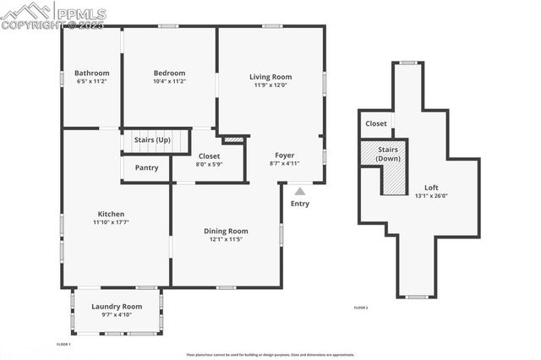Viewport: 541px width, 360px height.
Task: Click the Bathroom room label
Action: click(x=91, y=73)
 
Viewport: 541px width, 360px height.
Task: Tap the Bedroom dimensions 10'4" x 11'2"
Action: click(x=169, y=82)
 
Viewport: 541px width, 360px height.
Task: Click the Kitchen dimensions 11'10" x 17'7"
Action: click(x=111, y=222)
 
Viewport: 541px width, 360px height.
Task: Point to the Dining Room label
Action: click(x=226, y=231)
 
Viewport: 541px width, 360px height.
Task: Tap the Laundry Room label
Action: click(x=117, y=306)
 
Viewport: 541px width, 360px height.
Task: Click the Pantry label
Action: click(x=146, y=167)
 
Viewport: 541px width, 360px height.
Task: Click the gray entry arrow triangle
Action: click(x=299, y=192)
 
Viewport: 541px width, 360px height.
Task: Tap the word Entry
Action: click(x=299, y=204)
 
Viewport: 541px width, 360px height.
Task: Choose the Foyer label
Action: click(x=284, y=155)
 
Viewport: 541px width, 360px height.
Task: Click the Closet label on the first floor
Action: click(x=209, y=155)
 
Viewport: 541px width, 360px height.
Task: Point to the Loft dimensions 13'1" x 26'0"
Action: click(x=432, y=196)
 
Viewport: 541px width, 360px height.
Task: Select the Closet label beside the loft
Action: click(x=376, y=123)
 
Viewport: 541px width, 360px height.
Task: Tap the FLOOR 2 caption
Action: click(x=360, y=308)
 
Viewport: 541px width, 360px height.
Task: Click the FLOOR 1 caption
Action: click(x=63, y=345)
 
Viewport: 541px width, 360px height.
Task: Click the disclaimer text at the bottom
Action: click(x=270, y=355)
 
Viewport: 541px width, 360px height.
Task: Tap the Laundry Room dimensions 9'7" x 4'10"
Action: click(x=117, y=315)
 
